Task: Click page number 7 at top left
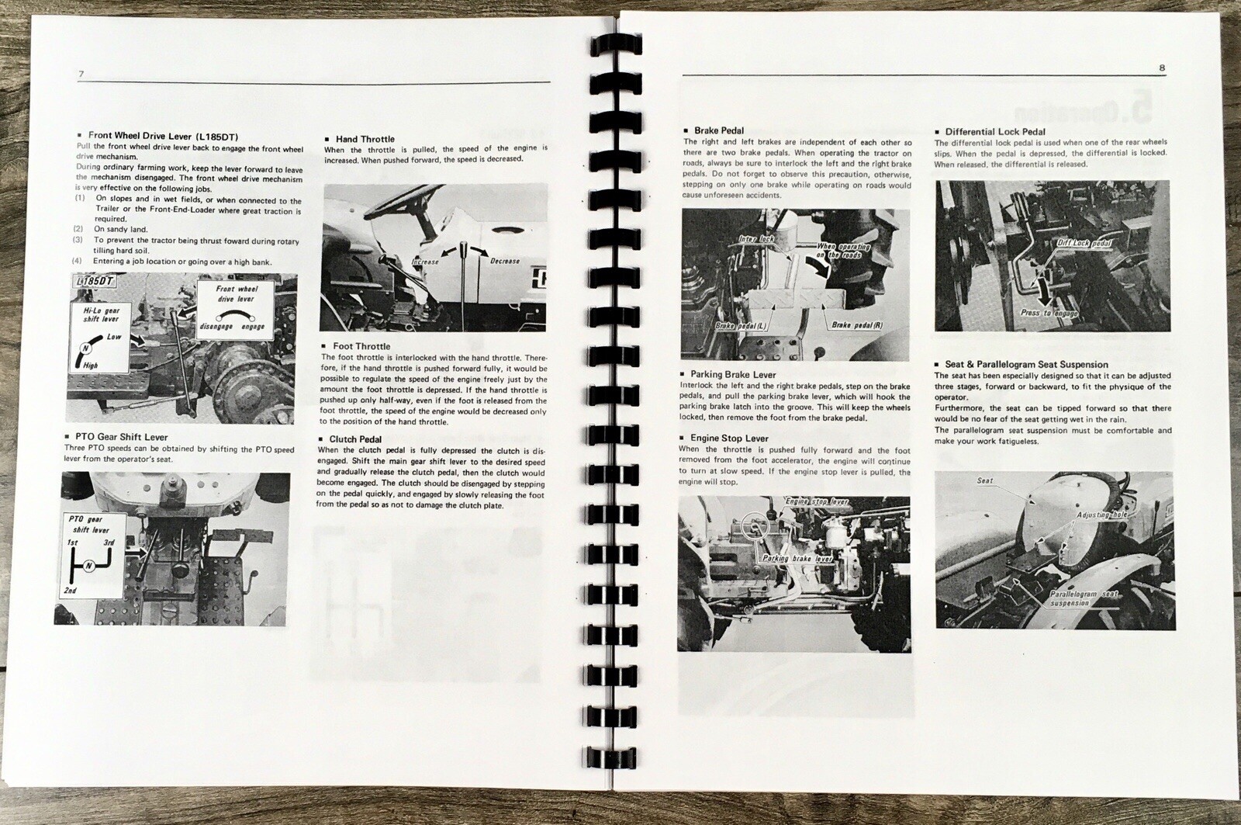pos(81,74)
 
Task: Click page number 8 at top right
pos(1162,68)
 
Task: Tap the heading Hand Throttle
pos(365,139)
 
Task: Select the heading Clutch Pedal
pos(355,439)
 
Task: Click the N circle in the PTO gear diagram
pos(89,566)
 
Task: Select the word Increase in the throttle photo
pos(425,262)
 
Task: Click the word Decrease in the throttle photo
pos(504,261)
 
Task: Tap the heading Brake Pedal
pos(719,130)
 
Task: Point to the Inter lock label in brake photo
pos(756,240)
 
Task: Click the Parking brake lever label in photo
pos(786,559)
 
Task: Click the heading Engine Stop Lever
pos(729,438)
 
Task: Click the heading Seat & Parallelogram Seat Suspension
pos(1026,364)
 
